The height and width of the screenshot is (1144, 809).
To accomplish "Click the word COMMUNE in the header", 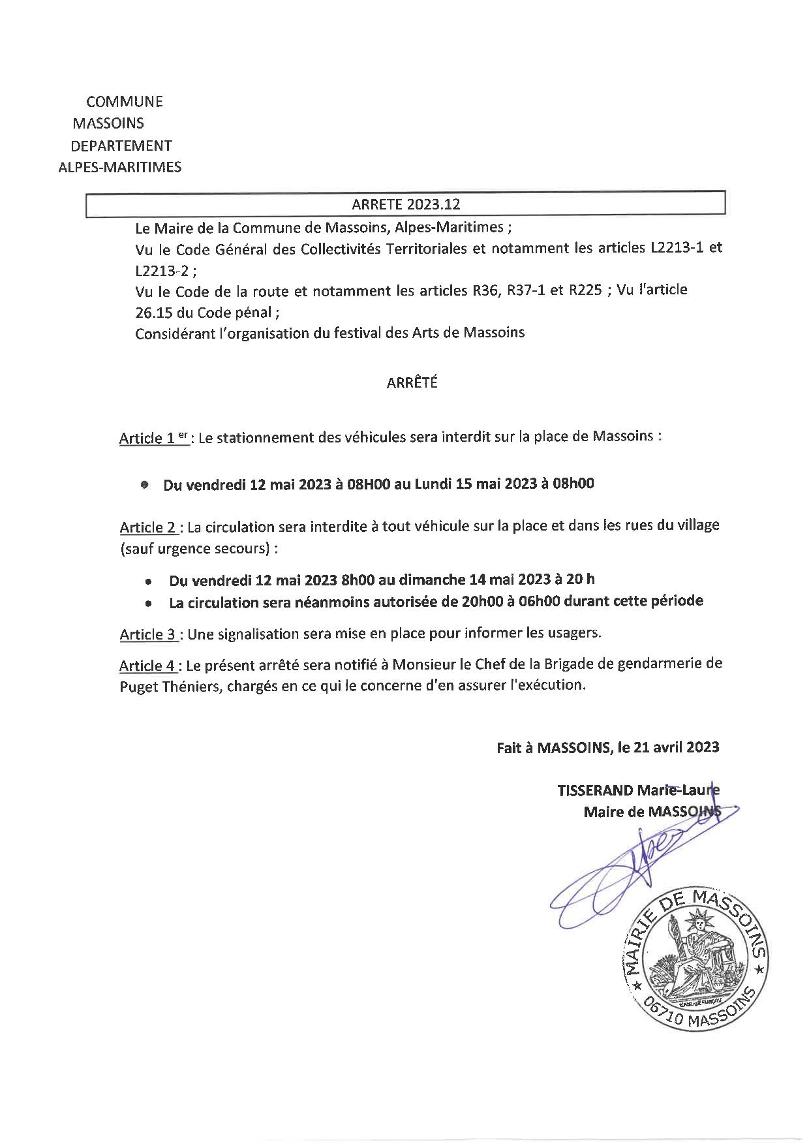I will click(124, 102).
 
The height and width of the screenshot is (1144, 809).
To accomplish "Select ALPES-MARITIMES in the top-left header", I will click(120, 167).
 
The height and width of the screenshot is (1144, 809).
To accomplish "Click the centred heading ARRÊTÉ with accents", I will click(412, 383).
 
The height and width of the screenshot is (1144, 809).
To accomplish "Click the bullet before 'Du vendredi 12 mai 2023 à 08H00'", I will click(145, 485).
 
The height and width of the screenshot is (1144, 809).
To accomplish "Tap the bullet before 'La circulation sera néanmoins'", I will click(150, 604).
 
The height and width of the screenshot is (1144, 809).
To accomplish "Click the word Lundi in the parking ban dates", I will click(433, 484).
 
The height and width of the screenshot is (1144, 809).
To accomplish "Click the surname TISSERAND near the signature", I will click(594, 790).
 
